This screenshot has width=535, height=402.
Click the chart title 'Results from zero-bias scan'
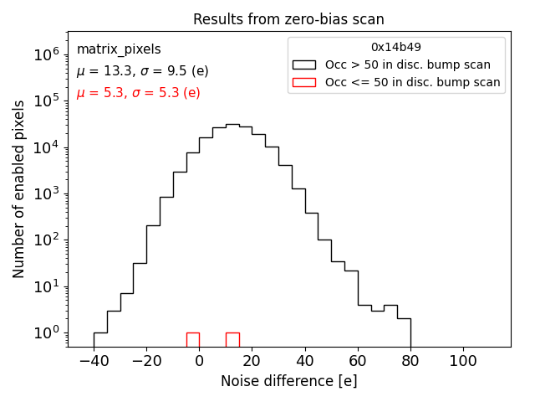pos(288,19)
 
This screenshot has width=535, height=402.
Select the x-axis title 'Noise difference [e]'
pos(288,381)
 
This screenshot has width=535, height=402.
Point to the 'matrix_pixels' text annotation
pos(119,49)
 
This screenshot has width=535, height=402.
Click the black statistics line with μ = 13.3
pos(142,71)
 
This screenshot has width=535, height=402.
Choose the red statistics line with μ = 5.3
pos(138,93)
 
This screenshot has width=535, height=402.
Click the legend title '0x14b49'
pos(396,48)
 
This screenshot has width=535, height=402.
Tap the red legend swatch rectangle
pos(303,82)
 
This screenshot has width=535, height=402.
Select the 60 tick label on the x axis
pos(358,360)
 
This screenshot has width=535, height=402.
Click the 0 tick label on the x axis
pos(199,360)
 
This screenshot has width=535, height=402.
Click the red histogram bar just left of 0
pos(192,339)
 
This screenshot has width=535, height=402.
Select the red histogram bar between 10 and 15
pos(232,339)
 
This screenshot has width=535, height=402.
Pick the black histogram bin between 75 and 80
pos(404,332)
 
